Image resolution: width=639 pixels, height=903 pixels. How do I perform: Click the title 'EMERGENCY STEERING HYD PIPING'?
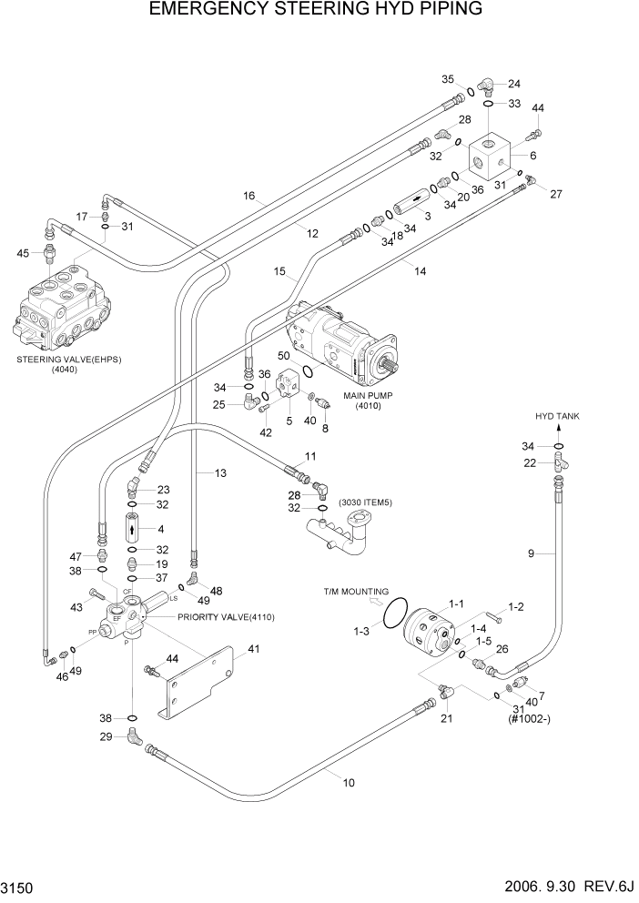[319, 10]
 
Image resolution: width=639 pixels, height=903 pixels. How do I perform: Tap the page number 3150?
[21, 888]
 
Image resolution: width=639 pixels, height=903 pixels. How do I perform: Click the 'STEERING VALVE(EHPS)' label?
[68, 359]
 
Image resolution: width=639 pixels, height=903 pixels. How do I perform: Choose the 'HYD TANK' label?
[557, 416]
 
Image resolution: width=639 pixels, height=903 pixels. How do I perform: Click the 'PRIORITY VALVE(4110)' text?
[226, 616]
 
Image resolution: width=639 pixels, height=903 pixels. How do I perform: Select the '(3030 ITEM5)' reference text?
[366, 502]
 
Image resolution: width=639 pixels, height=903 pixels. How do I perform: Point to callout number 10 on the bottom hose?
[349, 781]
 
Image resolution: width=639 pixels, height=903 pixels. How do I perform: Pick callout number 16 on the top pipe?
[249, 196]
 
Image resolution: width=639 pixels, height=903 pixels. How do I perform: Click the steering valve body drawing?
[55, 305]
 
